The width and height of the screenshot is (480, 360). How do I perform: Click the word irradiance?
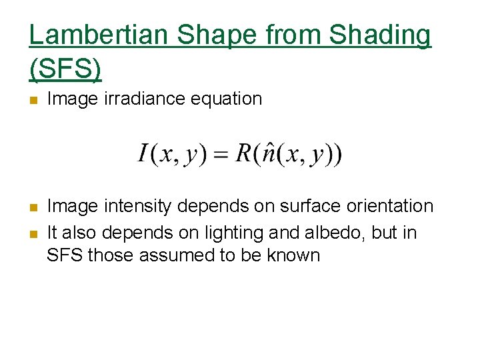tap(139, 99)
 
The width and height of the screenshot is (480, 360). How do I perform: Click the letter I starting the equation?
tap(143, 155)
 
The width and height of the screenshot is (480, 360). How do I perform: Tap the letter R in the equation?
tap(243, 155)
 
